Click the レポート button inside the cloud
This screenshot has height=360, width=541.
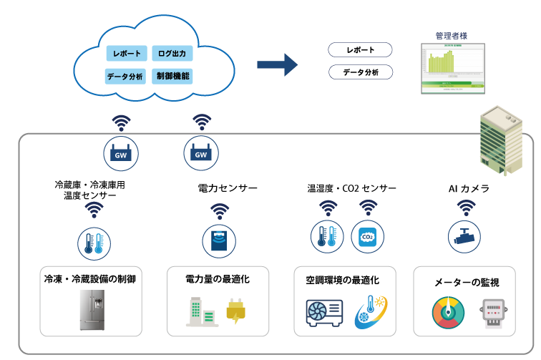(126, 54)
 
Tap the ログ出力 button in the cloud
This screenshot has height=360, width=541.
(172, 54)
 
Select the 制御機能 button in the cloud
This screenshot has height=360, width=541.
(172, 75)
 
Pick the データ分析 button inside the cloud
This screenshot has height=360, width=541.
(126, 76)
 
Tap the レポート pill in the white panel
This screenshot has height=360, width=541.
(361, 50)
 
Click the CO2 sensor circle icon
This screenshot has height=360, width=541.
(368, 237)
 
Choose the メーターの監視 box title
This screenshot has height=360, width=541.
(467, 283)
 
